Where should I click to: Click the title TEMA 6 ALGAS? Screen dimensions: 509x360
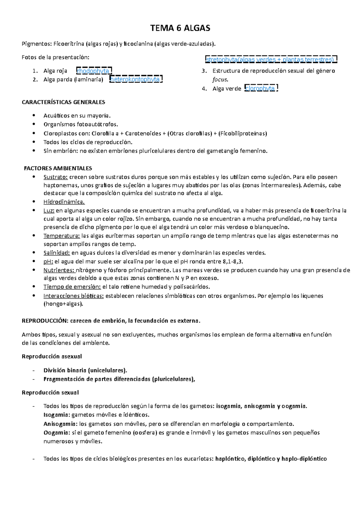[x=180, y=28]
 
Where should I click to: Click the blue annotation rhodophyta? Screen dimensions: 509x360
[x=93, y=71]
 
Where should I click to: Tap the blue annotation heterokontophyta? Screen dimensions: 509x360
[x=135, y=79]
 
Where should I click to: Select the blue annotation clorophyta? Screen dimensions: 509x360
[x=260, y=88]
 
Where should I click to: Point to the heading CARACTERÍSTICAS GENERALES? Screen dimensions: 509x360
[x=63, y=102]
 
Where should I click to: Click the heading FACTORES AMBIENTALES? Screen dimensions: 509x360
[x=58, y=168]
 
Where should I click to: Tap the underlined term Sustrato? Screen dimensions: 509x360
[x=55, y=177]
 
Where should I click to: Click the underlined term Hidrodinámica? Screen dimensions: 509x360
[x=64, y=202]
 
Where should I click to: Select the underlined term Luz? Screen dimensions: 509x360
[x=49, y=210]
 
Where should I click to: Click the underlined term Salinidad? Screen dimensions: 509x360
[x=57, y=253]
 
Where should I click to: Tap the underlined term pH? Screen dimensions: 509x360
[x=48, y=261]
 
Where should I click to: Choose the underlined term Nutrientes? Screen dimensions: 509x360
[x=59, y=270]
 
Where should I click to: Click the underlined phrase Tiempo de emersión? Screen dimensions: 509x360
[x=72, y=287]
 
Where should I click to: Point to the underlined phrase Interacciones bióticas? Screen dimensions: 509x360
[x=73, y=296]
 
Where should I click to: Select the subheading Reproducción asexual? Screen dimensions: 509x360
[x=52, y=356]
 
